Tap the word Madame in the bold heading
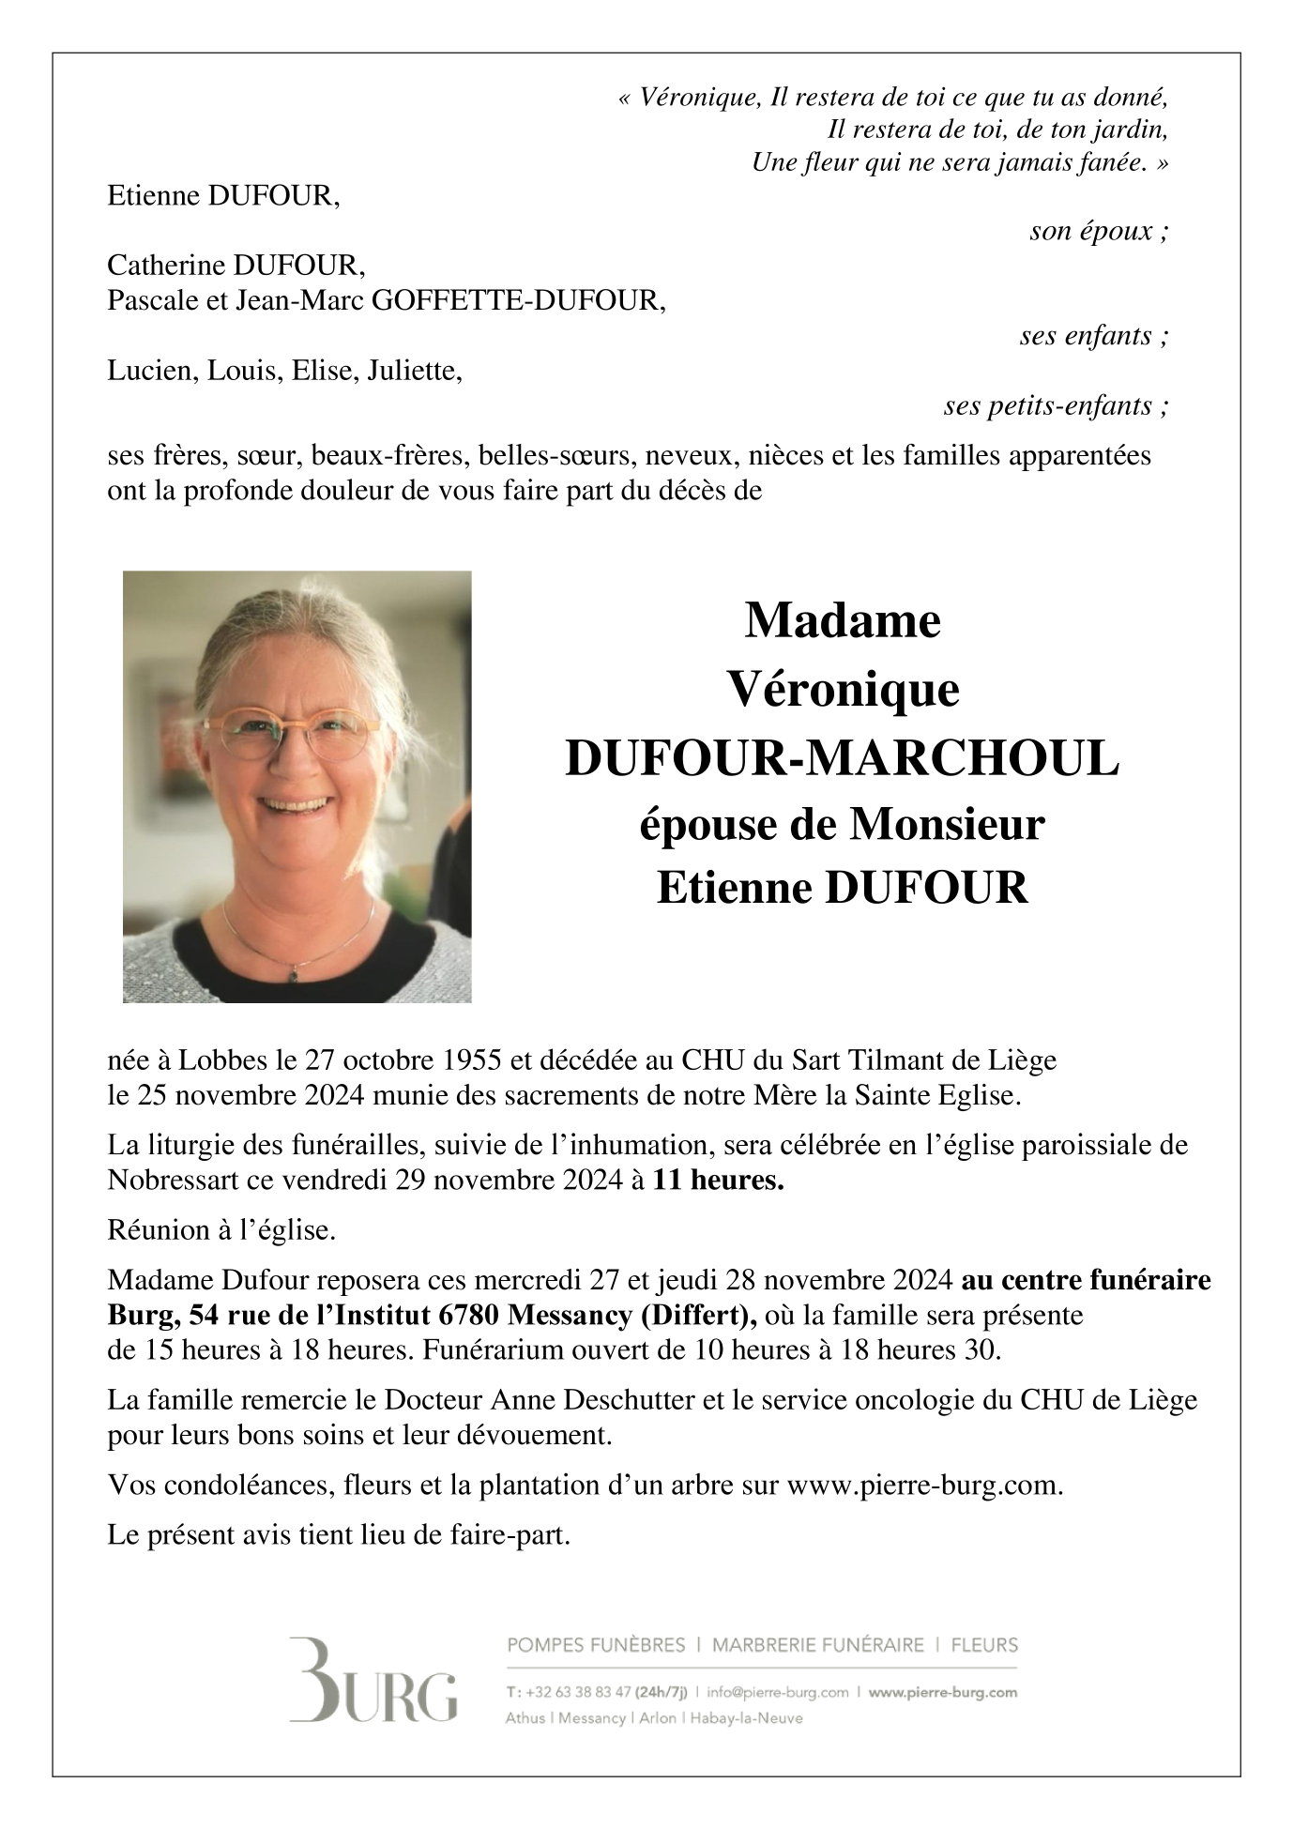click(x=842, y=621)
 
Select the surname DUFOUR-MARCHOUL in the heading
click(x=842, y=758)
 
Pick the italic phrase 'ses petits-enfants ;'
click(x=1056, y=406)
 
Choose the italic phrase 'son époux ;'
click(x=1099, y=231)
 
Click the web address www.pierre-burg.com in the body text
click(x=924, y=1486)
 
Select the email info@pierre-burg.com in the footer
click(x=777, y=1693)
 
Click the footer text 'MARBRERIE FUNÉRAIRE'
click(x=817, y=1645)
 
